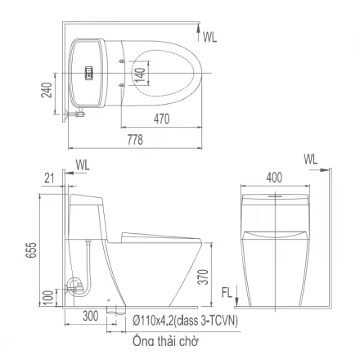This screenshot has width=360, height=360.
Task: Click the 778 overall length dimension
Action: coord(135,140)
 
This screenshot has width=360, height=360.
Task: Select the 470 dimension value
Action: coord(161,119)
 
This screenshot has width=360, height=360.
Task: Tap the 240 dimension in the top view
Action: coord(47,90)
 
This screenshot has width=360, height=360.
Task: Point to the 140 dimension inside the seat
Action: coord(140,74)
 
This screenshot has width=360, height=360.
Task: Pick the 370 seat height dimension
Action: coord(203,277)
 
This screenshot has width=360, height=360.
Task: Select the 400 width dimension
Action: coord(274,178)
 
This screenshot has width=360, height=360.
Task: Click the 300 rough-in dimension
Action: coord(90,316)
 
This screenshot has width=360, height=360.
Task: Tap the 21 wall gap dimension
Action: coord(49,178)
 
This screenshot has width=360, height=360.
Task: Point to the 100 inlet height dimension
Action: coord(48,299)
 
